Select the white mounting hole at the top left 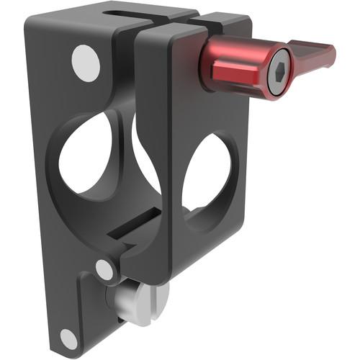pos(86,63)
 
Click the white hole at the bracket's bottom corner pos(69,338)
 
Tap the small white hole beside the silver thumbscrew pos(105,270)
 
